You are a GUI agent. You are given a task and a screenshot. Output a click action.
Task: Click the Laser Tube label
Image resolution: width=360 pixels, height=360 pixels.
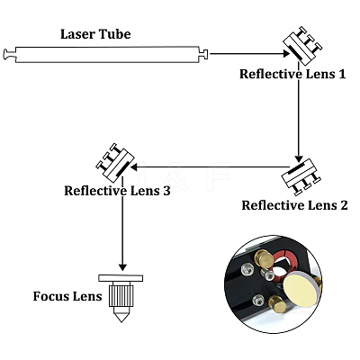tap(95, 34)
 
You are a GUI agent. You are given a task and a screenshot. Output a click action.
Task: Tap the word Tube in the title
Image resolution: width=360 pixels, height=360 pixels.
tap(115, 34)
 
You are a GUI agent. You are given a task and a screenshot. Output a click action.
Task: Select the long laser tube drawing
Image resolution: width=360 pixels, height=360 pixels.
tap(105, 54)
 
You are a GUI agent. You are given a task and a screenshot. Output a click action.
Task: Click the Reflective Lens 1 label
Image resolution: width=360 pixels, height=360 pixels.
tap(292, 74)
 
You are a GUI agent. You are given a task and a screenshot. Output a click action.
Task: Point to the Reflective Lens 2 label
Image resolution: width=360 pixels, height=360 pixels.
tap(294, 205)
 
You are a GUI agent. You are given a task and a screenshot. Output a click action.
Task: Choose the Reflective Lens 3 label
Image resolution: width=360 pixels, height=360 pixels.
tap(117, 191)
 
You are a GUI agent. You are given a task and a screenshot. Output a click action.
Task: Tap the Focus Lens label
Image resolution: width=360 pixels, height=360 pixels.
tap(67, 296)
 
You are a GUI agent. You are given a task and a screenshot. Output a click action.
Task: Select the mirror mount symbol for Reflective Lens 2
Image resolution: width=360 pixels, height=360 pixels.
tap(301, 177)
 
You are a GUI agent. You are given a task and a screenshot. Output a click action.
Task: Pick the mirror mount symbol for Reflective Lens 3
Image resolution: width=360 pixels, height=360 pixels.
tap(115, 163)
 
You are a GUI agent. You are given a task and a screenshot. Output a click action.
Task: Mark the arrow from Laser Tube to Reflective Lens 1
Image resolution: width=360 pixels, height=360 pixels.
tap(249, 54)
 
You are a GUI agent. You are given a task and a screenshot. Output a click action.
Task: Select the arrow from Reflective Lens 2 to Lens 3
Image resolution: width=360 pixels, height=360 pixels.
tap(210, 166)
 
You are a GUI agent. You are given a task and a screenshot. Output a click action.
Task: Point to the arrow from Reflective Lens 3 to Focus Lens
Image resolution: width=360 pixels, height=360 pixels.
tap(122, 223)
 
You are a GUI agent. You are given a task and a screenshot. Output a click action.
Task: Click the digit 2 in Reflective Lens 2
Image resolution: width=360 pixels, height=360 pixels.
tap(344, 205)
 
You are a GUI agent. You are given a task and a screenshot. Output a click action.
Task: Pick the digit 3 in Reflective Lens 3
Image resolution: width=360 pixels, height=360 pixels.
tap(166, 191)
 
